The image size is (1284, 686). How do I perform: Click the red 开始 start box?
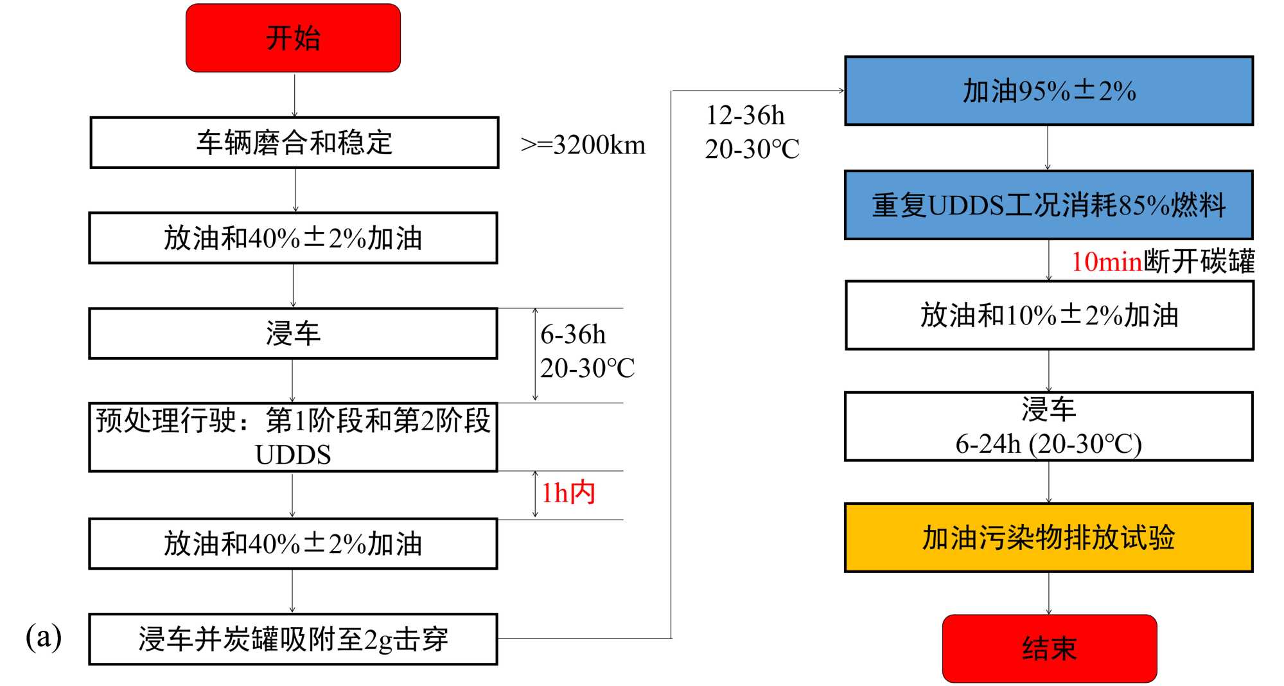[293, 38]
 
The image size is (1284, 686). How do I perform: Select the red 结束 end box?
[1049, 648]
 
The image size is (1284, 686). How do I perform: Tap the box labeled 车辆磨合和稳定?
[294, 143]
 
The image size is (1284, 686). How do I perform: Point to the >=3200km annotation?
[583, 145]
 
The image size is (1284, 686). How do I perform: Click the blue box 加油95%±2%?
[1048, 91]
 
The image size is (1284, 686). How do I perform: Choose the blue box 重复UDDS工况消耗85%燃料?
[1048, 206]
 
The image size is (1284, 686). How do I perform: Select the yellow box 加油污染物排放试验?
[1048, 538]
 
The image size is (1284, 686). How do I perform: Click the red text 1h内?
[568, 493]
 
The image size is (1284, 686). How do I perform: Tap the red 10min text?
[1106, 262]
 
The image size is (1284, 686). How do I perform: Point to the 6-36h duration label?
[573, 335]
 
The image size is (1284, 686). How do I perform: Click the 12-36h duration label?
[745, 116]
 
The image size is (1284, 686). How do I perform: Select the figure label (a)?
[44, 637]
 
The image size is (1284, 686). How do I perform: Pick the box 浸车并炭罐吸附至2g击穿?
[293, 639]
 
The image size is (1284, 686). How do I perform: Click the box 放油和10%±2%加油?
[1049, 315]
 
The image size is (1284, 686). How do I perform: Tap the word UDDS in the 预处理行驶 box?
[293, 455]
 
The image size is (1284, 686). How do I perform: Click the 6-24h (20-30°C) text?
[1048, 444]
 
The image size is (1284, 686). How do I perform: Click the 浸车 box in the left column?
[293, 333]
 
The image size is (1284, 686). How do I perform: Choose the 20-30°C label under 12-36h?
[752, 150]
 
